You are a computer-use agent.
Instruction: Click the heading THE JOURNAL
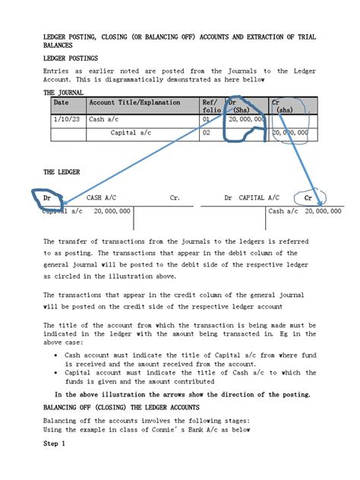(65, 92)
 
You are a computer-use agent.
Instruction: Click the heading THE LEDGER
(62, 172)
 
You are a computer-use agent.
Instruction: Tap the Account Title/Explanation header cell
(134, 102)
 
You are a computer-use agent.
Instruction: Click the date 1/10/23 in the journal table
(65, 119)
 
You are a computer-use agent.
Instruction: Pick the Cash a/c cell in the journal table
(107, 119)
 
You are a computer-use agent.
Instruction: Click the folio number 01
(206, 119)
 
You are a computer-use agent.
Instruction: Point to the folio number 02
(206, 132)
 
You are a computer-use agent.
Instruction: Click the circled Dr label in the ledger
(47, 197)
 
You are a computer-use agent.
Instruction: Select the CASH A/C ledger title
(103, 197)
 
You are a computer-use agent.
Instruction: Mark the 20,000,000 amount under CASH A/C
(112, 211)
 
